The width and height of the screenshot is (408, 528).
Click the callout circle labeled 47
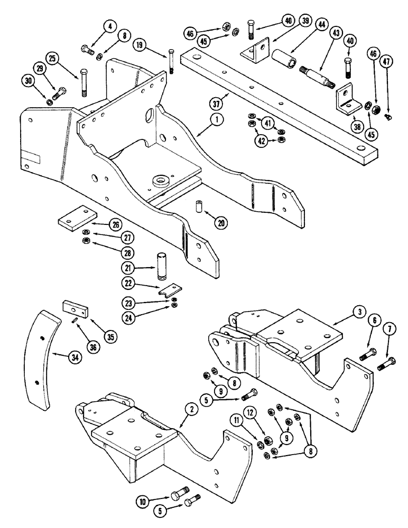click(x=387, y=61)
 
